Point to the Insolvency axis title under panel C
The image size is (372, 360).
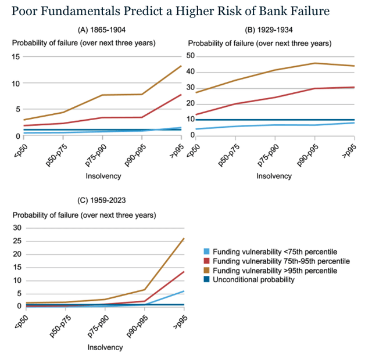(105, 347)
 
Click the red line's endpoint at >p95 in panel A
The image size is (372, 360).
(181, 95)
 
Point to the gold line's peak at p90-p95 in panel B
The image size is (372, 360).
(315, 63)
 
